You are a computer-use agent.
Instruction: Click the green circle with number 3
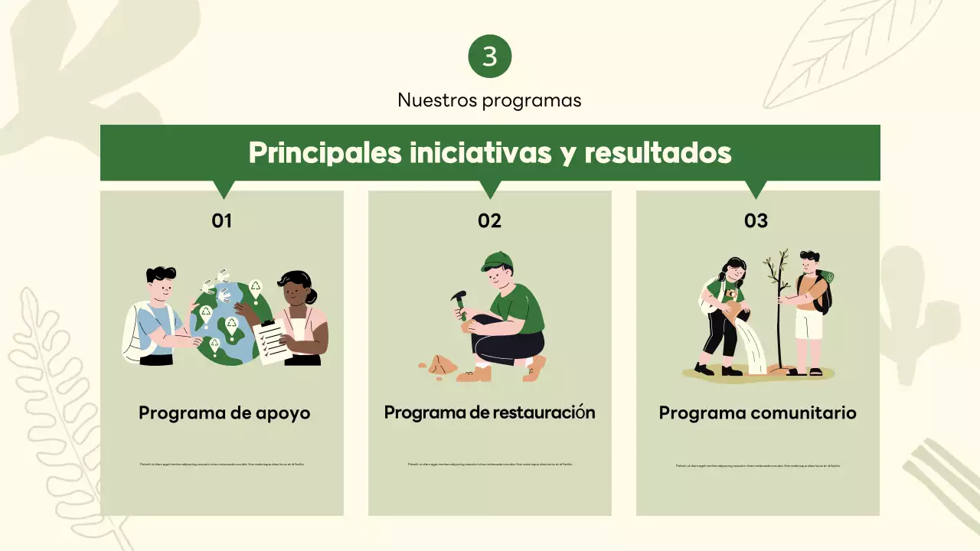coord(489,56)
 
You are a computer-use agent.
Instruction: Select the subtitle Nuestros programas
coord(489,100)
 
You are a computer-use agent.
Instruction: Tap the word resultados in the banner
coord(658,153)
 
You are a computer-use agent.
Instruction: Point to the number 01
coord(221,221)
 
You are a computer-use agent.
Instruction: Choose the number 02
coord(489,221)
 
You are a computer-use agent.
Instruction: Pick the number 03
coord(756,221)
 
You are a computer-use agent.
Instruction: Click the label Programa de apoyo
coord(224,413)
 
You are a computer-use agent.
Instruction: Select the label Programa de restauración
coord(489,412)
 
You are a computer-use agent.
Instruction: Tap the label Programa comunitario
coord(757,413)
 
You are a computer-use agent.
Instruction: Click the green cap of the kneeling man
coord(496,261)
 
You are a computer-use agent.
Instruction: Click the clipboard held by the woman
coord(271,340)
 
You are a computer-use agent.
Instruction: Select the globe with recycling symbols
coord(226,321)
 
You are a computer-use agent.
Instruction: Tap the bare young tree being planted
coord(779,306)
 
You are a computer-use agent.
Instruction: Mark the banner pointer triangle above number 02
coord(489,188)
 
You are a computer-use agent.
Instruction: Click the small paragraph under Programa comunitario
coord(757,465)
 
